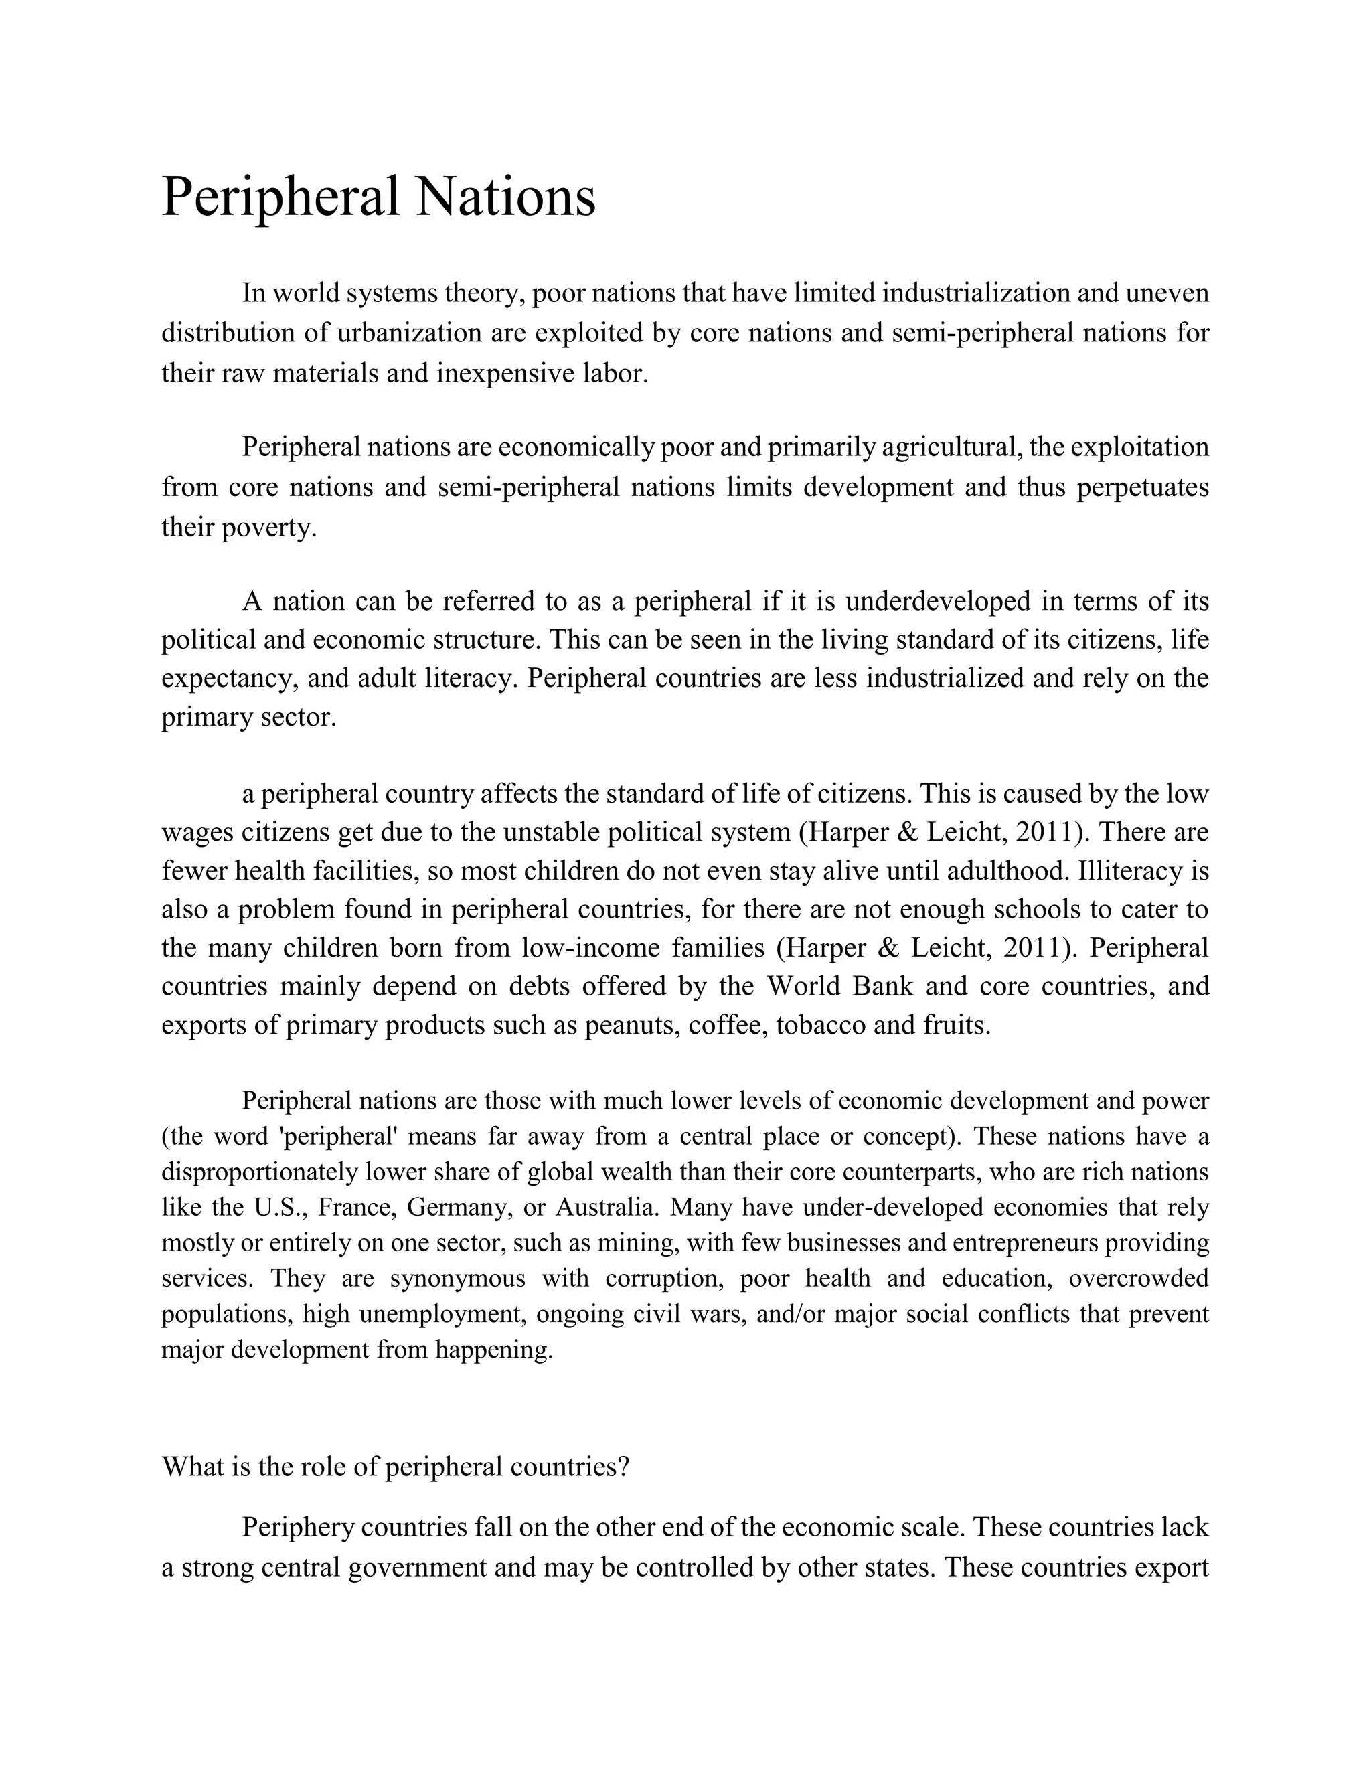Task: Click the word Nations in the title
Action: [x=505, y=197]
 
